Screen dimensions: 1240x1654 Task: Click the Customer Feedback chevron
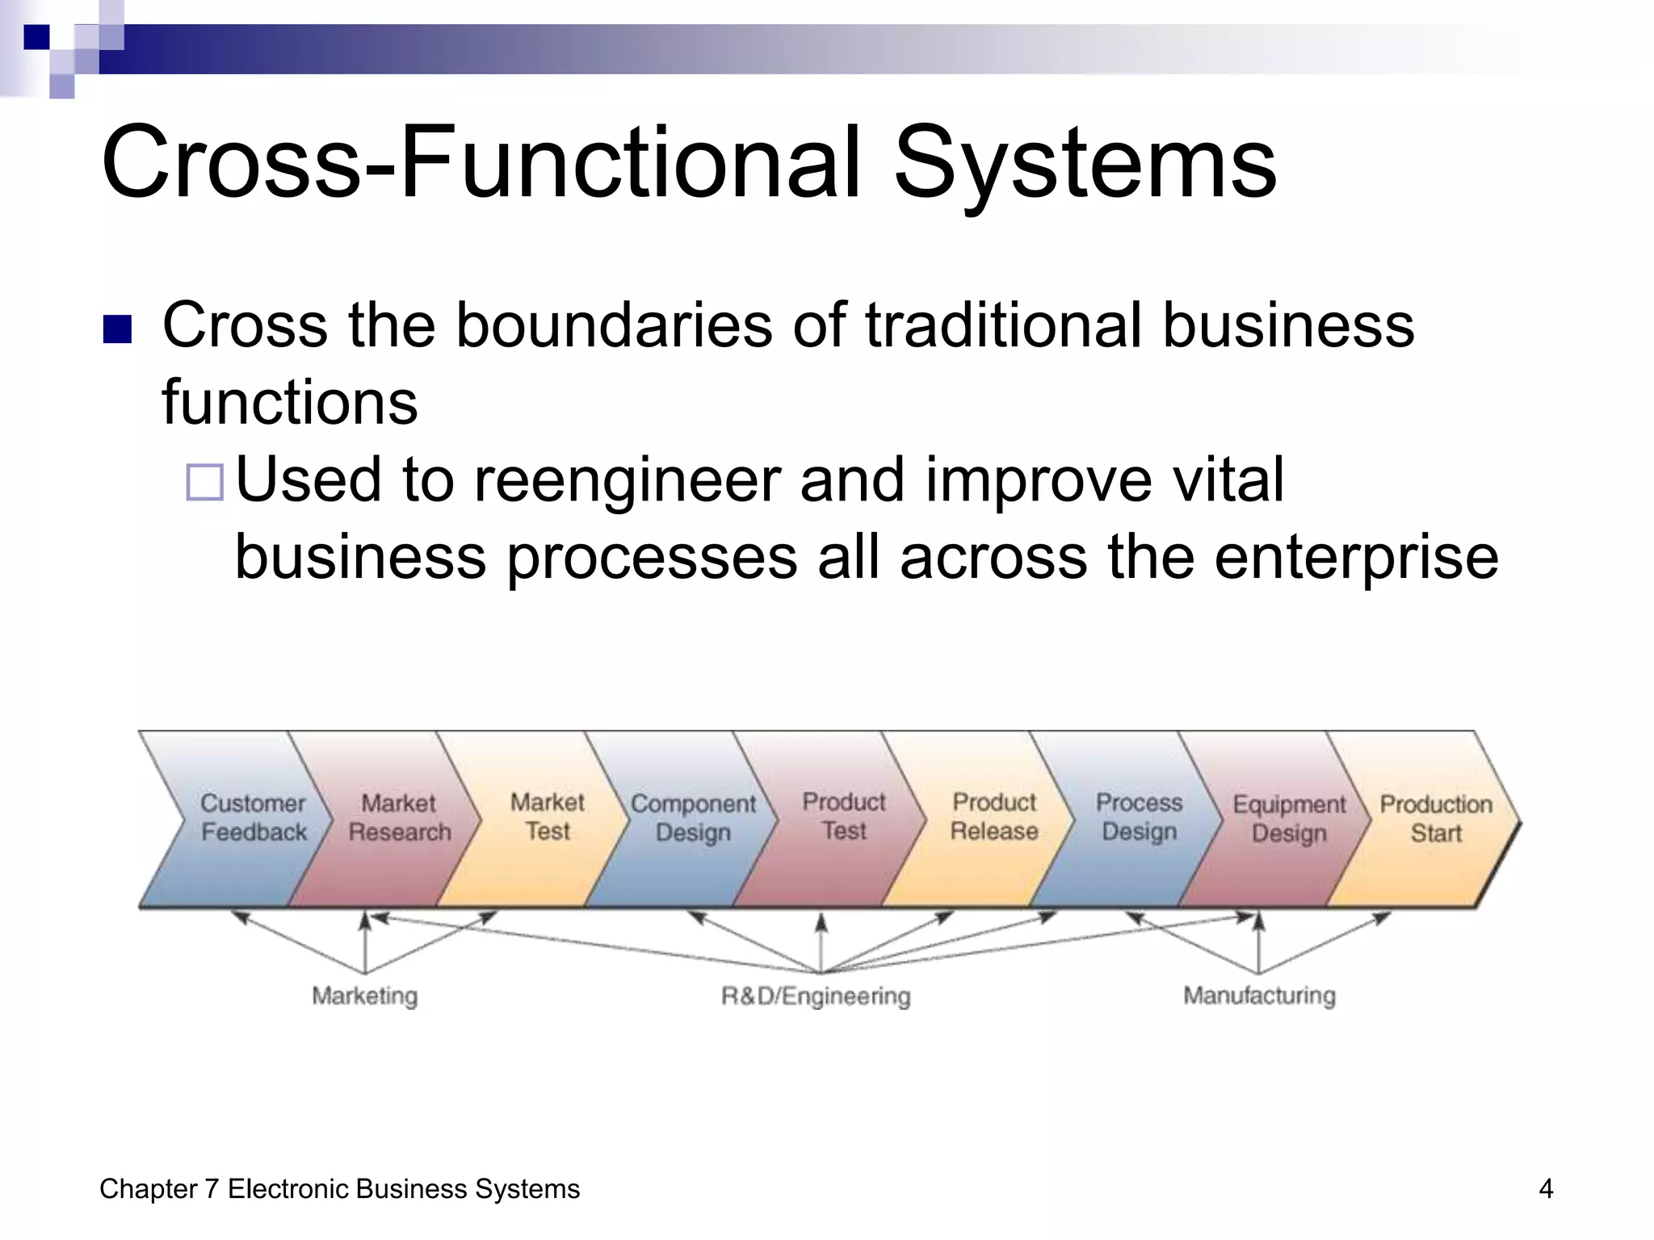pyautogui.click(x=252, y=818)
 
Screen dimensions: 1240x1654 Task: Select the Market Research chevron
pyautogui.click(x=399, y=818)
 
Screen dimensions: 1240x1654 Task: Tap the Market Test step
pyautogui.click(x=547, y=817)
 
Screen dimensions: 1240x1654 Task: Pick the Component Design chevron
pyautogui.click(x=693, y=818)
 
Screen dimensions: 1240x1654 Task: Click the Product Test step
pyautogui.click(x=843, y=817)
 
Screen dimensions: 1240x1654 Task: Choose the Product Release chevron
pyautogui.click(x=993, y=817)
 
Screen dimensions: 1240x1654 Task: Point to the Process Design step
pyautogui.click(x=1139, y=817)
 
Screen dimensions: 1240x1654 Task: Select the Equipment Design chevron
pyautogui.click(x=1289, y=818)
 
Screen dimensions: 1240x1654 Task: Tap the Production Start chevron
pyautogui.click(x=1435, y=818)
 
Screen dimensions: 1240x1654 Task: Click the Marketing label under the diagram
pyautogui.click(x=365, y=995)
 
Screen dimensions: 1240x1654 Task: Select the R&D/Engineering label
pyautogui.click(x=816, y=995)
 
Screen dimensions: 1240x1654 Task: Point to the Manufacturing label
pyautogui.click(x=1259, y=995)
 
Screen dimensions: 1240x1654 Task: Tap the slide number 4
pyautogui.click(x=1546, y=1188)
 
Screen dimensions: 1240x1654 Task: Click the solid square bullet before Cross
pyautogui.click(x=118, y=329)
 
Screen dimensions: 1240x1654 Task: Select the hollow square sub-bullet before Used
pyautogui.click(x=204, y=483)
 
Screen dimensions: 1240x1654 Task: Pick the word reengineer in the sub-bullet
pyautogui.click(x=627, y=481)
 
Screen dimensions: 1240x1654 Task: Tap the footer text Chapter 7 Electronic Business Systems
pyautogui.click(x=339, y=1188)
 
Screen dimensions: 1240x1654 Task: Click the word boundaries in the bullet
pyautogui.click(x=614, y=325)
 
